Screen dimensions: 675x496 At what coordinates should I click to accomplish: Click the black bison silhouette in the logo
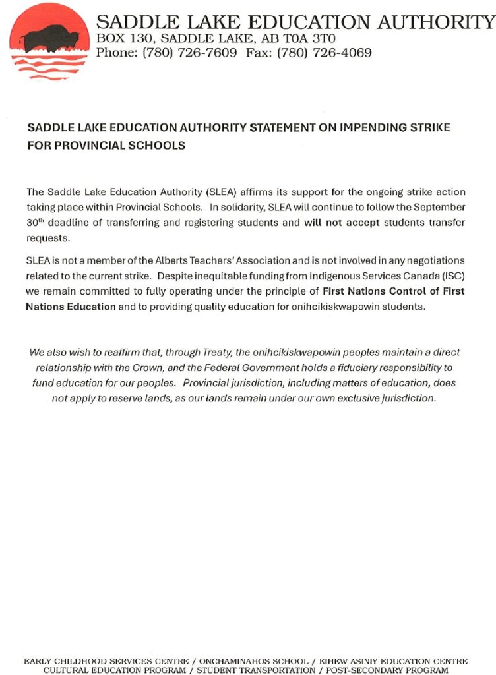click(x=50, y=37)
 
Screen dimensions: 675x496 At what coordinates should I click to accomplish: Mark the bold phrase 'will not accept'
click(x=341, y=223)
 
